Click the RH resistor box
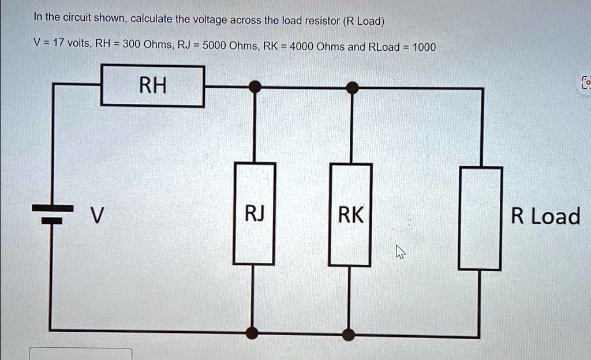coord(152,87)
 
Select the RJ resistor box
coord(255,214)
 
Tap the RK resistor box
coord(350,215)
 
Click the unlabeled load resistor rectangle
coord(480,219)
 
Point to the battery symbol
coord(56,214)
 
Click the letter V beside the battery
coord(99,216)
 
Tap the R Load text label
coord(545,217)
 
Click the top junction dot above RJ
coord(254,87)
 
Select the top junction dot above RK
coord(351,87)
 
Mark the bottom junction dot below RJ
coord(252,332)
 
